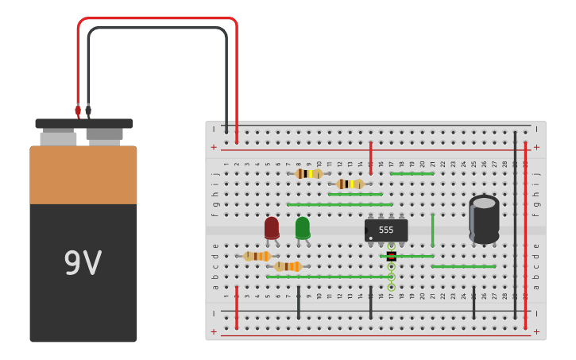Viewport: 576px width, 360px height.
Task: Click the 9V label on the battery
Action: pyautogui.click(x=83, y=263)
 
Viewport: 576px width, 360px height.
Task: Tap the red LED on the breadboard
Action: pyautogui.click(x=272, y=227)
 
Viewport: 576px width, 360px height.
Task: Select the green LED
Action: pyautogui.click(x=303, y=227)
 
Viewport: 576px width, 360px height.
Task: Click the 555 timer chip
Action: pyautogui.click(x=386, y=230)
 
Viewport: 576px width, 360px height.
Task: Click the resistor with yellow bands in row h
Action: pyautogui.click(x=350, y=184)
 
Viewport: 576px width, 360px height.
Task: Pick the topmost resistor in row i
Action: pyautogui.click(x=308, y=173)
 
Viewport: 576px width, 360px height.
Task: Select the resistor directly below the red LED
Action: pyautogui.click(x=257, y=256)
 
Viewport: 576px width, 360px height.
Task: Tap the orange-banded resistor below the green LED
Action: pyautogui.click(x=288, y=266)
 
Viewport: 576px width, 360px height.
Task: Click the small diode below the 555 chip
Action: pyautogui.click(x=391, y=256)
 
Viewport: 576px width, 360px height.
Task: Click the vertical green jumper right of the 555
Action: pyautogui.click(x=432, y=230)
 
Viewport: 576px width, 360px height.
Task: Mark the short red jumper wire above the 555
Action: pyautogui.click(x=370, y=157)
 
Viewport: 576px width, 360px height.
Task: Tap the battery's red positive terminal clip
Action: pyautogui.click(x=78, y=110)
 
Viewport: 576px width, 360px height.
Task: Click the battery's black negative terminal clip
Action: pyautogui.click(x=88, y=110)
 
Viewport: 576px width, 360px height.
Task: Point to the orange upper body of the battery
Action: pyautogui.click(x=83, y=175)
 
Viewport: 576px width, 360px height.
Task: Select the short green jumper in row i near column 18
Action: pyautogui.click(x=412, y=173)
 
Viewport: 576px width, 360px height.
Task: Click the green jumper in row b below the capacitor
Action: pyautogui.click(x=463, y=266)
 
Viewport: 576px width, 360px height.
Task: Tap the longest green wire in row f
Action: pyautogui.click(x=339, y=204)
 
